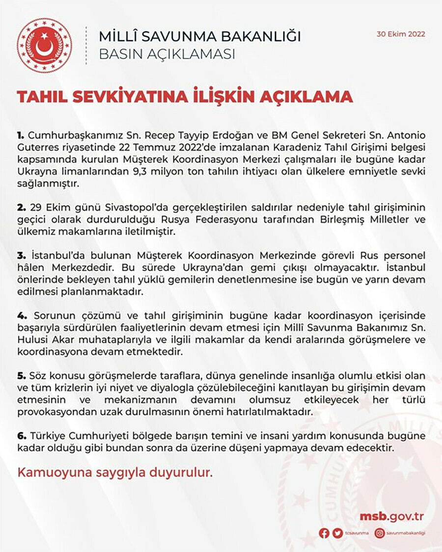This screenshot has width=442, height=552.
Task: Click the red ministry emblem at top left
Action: [x=44, y=46]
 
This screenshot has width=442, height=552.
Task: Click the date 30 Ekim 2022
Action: [x=401, y=34]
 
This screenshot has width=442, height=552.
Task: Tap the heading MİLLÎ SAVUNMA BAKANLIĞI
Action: [x=200, y=36]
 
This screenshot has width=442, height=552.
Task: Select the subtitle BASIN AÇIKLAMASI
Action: [x=167, y=53]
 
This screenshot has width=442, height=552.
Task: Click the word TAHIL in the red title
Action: [x=40, y=96]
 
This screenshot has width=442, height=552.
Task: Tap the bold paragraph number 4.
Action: [x=20, y=315]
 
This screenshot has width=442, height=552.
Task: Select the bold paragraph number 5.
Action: [x=20, y=376]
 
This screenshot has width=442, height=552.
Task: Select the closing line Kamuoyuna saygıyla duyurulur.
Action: [x=115, y=473]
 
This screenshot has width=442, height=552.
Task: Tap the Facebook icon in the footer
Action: [x=324, y=533]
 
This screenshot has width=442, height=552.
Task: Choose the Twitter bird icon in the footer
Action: [x=337, y=533]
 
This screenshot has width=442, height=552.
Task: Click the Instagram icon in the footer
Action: [x=380, y=533]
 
